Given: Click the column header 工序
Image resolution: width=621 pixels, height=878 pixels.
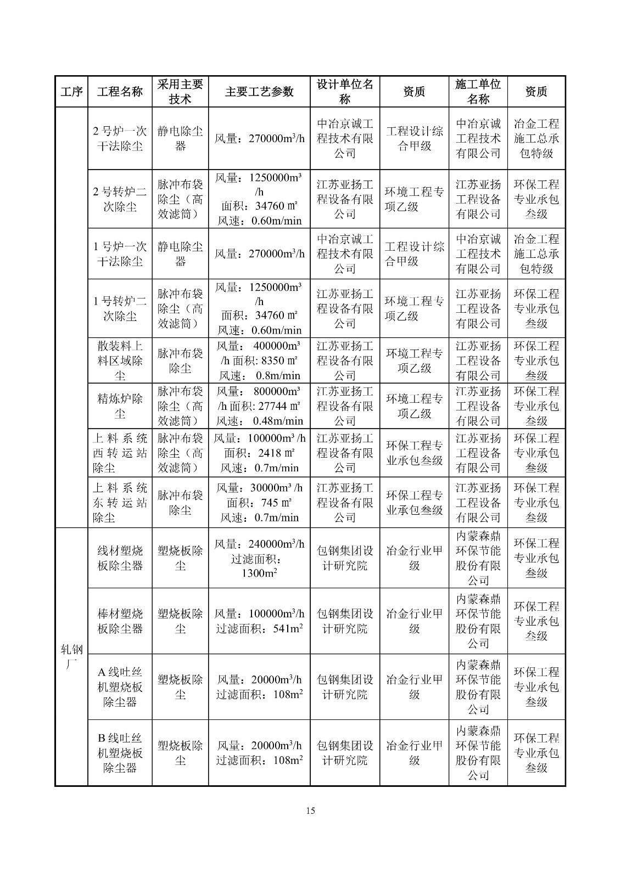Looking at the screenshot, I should [x=71, y=92].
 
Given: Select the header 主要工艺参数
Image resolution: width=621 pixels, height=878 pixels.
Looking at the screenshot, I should [x=259, y=92].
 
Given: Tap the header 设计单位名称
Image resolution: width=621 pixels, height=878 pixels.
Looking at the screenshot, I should [x=345, y=92].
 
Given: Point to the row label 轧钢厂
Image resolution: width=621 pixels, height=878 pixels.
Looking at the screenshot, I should [x=71, y=657].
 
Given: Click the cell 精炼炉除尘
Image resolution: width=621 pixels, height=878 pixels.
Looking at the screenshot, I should [x=120, y=406].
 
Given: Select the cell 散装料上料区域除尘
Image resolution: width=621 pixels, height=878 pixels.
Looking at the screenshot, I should [x=120, y=361].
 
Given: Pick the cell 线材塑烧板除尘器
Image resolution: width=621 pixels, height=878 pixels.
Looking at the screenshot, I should [x=120, y=558].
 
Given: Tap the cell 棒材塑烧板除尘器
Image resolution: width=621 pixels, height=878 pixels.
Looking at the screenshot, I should [x=120, y=621].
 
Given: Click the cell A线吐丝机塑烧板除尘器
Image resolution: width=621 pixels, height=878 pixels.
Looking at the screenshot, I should [x=120, y=687].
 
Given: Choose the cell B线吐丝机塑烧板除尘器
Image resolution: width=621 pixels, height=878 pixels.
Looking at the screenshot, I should [x=120, y=753].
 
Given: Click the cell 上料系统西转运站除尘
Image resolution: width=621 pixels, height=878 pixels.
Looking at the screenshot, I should [x=120, y=453].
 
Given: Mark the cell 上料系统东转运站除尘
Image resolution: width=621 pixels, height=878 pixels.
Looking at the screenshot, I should [x=120, y=503].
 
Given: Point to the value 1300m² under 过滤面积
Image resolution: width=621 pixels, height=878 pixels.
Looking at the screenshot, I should [x=259, y=573].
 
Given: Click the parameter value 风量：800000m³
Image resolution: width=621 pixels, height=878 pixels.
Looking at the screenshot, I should [x=259, y=392].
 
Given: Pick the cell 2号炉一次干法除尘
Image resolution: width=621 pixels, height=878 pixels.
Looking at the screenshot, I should [x=120, y=139].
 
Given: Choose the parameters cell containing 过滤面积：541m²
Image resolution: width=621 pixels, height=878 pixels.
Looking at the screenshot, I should [x=259, y=621].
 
